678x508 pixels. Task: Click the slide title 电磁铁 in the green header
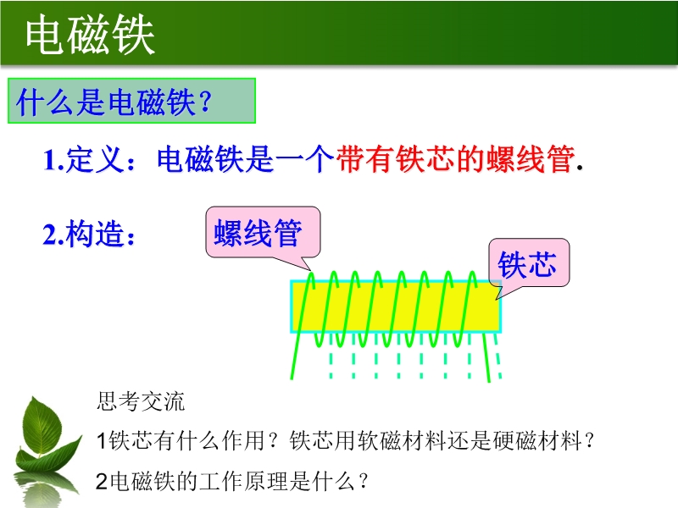90,35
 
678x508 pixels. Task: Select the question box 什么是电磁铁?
132,101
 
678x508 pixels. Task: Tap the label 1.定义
90,159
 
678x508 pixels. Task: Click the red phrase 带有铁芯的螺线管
456,159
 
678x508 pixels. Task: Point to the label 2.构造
89,234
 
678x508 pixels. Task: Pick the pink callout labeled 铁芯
528,263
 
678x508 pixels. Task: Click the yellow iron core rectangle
396,306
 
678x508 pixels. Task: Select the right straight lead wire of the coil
486,356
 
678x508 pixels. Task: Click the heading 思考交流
141,401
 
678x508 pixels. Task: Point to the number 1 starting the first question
102,440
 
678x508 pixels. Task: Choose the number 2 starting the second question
102,481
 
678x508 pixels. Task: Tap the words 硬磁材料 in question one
536,440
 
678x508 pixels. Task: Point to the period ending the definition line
581,168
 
